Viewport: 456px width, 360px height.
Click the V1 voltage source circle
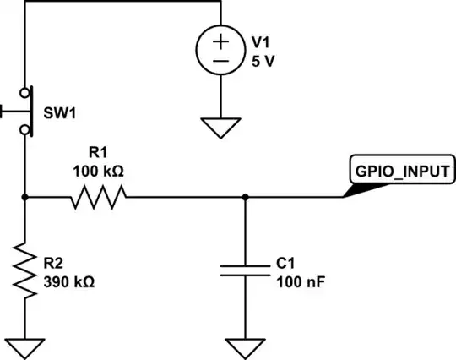coord(220,52)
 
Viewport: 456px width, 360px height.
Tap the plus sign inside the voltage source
coord(220,41)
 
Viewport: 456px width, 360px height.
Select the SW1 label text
coord(58,111)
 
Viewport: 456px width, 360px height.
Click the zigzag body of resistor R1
coord(100,198)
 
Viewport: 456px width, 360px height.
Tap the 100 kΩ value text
coord(99,170)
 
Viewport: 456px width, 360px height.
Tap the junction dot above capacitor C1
coord(245,198)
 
